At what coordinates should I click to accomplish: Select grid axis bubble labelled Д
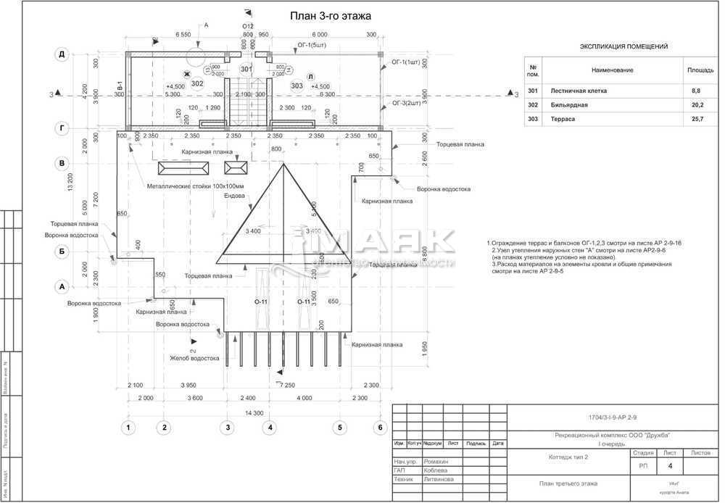[62, 55]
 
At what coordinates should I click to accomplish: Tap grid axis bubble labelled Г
[62, 128]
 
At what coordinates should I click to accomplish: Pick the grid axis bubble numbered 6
[378, 428]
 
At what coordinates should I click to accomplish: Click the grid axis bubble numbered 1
[128, 428]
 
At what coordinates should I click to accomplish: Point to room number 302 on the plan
[196, 83]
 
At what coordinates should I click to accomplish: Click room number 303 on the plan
[297, 86]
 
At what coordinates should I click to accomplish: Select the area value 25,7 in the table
[697, 118]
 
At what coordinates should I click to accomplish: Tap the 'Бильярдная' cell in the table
[569, 104]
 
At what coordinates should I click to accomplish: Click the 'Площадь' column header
[700, 70]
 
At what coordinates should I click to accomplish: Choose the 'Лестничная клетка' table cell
[579, 91]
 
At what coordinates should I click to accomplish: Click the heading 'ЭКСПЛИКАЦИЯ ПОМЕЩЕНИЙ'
[623, 46]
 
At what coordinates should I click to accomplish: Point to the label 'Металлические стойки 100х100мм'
[196, 186]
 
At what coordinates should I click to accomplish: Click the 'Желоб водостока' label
[194, 358]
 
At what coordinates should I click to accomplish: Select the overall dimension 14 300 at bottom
[253, 412]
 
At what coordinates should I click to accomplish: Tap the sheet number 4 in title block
[670, 466]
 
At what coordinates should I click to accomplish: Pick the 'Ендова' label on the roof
[233, 196]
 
